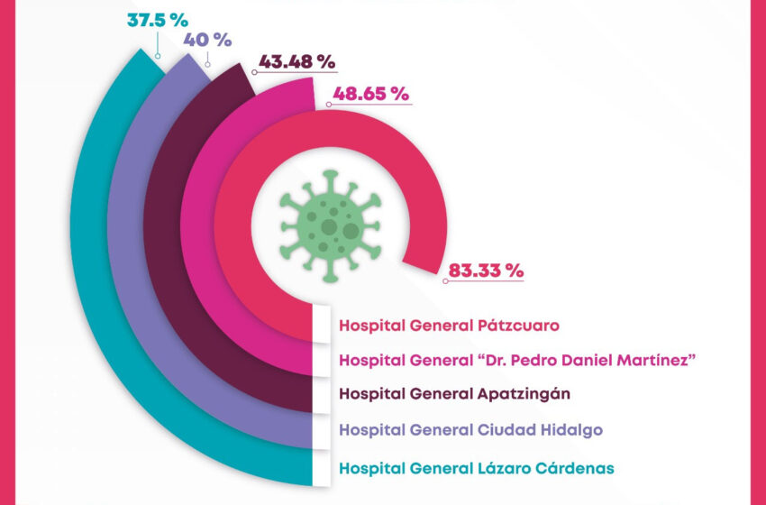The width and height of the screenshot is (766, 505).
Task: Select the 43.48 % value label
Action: click(296, 62)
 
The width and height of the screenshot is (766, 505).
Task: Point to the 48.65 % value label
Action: click(370, 93)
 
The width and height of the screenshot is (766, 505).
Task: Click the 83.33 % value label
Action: click(485, 270)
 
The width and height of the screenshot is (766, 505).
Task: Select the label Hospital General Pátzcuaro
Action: click(450, 325)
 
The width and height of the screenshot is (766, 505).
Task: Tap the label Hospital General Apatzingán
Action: click(454, 393)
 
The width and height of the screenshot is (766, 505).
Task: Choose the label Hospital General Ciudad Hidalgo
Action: click(470, 429)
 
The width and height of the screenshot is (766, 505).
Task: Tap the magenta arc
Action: click(196, 234)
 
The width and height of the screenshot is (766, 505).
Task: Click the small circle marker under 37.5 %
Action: click(159, 55)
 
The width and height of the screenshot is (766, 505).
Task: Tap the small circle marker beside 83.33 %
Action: click(446, 282)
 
